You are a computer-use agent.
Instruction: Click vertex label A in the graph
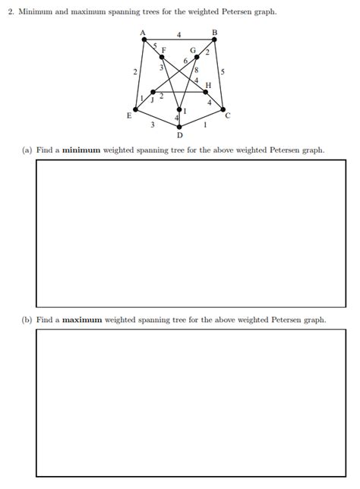coord(143,31)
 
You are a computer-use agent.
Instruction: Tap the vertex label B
coord(215,31)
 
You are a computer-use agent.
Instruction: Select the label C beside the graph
coord(227,115)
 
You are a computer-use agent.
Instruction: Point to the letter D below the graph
coord(179,135)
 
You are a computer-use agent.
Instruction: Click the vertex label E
coord(128,116)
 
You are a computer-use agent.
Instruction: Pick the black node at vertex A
coord(144,39)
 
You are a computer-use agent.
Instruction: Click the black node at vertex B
coord(214,39)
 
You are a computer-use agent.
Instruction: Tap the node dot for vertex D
coord(179,109)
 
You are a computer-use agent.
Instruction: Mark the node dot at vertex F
coord(161,56)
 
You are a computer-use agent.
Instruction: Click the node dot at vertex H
coord(206,92)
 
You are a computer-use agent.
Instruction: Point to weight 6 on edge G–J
coord(185,61)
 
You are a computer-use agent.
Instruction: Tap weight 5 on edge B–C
coord(222,72)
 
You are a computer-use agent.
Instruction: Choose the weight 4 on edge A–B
coord(179,34)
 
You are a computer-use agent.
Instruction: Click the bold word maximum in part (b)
coord(82,320)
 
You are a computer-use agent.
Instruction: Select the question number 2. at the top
coord(22,13)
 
